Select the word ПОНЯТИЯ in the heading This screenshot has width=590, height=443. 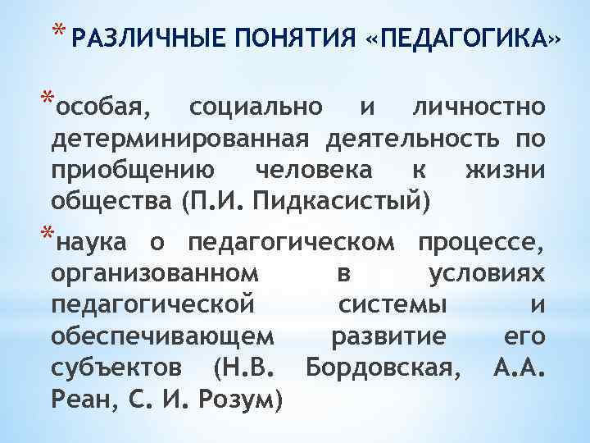point(275,38)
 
